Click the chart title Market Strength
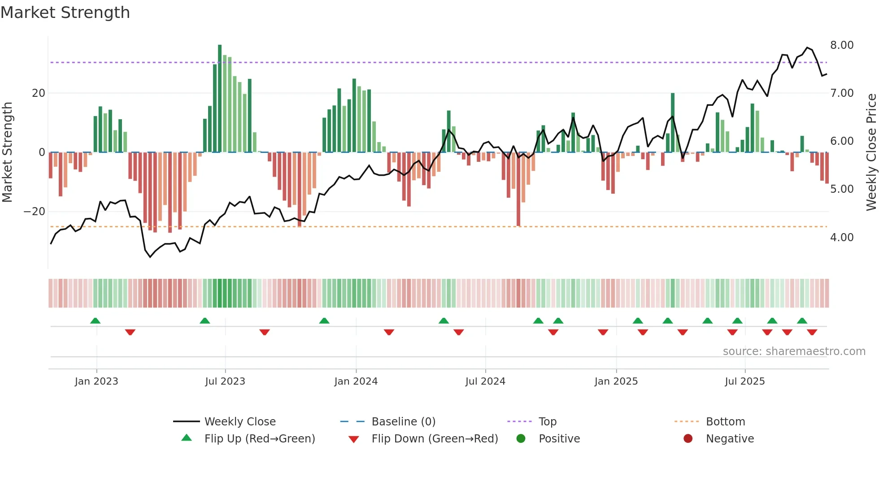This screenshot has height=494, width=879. pyautogui.click(x=65, y=13)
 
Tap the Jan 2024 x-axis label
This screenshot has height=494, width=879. pyautogui.click(x=356, y=381)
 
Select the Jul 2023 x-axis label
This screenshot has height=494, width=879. pyautogui.click(x=225, y=381)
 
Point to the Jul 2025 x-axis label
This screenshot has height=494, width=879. pyautogui.click(x=744, y=381)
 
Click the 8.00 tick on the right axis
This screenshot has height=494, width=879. pyautogui.click(x=841, y=45)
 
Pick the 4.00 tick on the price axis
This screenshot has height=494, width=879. pyautogui.click(x=841, y=238)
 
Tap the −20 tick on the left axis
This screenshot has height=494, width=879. pyautogui.click(x=35, y=212)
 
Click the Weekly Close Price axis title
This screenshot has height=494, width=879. pyautogui.click(x=871, y=152)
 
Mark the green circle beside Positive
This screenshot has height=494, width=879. pyautogui.click(x=521, y=439)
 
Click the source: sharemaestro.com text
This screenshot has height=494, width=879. pyautogui.click(x=794, y=351)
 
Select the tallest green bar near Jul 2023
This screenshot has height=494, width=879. pyautogui.click(x=220, y=99)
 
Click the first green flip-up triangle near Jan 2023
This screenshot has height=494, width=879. pyautogui.click(x=95, y=321)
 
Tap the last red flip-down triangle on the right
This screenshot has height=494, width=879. pyautogui.click(x=812, y=332)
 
